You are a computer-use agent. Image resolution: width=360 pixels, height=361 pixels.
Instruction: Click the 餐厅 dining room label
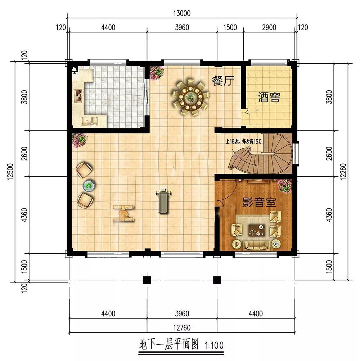223,81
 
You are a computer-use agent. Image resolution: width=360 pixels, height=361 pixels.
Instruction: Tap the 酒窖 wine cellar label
269,97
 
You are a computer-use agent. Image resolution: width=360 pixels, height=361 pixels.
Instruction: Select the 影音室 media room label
259,202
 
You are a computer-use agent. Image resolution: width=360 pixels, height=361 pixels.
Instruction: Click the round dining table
191,98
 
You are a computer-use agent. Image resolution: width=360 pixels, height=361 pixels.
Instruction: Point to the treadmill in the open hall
163,201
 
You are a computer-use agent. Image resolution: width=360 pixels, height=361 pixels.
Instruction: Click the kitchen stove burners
78,95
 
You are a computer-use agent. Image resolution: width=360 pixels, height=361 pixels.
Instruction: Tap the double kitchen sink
90,121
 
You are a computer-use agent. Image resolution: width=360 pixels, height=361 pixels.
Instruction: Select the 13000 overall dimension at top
182,13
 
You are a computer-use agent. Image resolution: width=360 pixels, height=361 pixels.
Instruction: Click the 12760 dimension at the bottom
182,328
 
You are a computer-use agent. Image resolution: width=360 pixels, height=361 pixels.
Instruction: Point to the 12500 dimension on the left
10,172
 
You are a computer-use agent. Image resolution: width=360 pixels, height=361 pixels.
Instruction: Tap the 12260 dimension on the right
343,172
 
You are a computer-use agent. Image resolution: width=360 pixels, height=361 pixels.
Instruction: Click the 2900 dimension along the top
269,27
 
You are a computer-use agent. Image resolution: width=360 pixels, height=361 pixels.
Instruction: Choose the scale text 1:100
214,346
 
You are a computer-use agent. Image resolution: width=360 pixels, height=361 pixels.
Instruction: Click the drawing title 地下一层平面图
168,345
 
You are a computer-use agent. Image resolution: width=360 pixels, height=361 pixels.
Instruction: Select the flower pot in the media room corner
285,186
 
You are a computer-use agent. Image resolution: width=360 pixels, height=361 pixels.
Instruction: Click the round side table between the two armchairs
89,186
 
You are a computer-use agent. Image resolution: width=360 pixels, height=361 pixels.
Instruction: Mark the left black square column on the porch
147,280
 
